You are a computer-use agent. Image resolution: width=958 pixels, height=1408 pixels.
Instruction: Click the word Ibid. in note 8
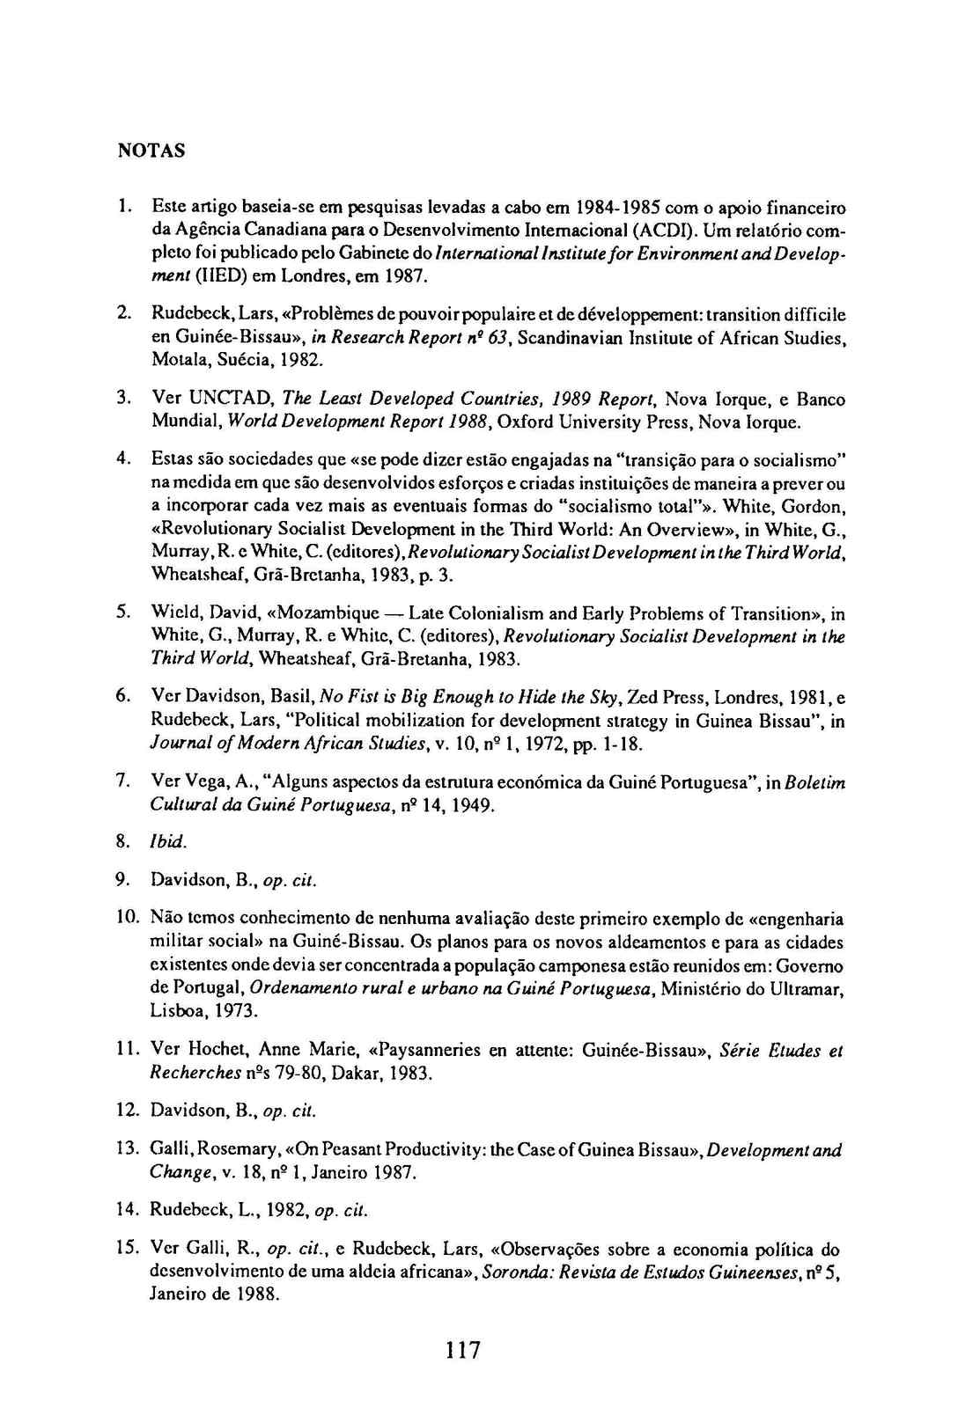click(x=167, y=841)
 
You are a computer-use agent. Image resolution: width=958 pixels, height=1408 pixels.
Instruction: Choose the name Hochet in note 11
click(x=204, y=1050)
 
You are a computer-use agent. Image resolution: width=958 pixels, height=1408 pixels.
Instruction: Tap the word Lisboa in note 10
click(x=179, y=1011)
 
